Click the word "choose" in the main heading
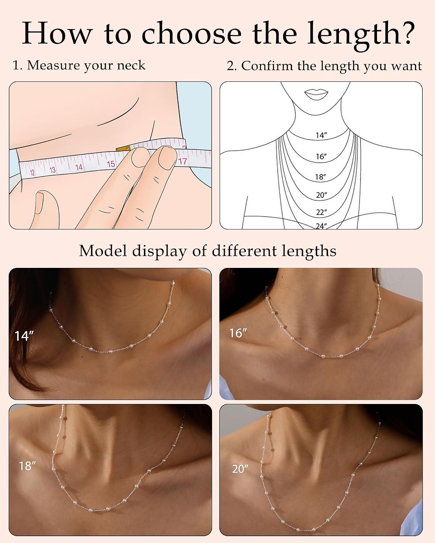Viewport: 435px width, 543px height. pos(191,33)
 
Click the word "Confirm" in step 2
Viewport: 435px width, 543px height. pos(267,66)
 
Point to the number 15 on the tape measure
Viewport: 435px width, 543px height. pos(111,164)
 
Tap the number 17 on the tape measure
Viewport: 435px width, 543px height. pos(182,161)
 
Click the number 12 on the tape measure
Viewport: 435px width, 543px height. pos(32,173)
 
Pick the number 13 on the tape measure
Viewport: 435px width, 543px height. pos(53,170)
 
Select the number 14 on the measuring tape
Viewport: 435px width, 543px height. pos(79,167)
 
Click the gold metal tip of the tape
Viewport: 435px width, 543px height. pos(123,149)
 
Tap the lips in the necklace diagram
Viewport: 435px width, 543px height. pos(316,94)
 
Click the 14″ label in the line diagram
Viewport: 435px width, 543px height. pos(321,135)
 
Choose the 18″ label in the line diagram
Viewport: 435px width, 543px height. pos(320,177)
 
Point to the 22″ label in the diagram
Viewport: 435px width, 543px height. pos(322,212)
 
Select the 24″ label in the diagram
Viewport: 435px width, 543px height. pos(321,226)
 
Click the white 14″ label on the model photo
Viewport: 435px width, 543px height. pos(24,336)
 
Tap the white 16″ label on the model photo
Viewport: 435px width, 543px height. pos(237,333)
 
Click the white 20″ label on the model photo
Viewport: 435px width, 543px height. pos(240,469)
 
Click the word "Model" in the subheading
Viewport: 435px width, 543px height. pos(103,251)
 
